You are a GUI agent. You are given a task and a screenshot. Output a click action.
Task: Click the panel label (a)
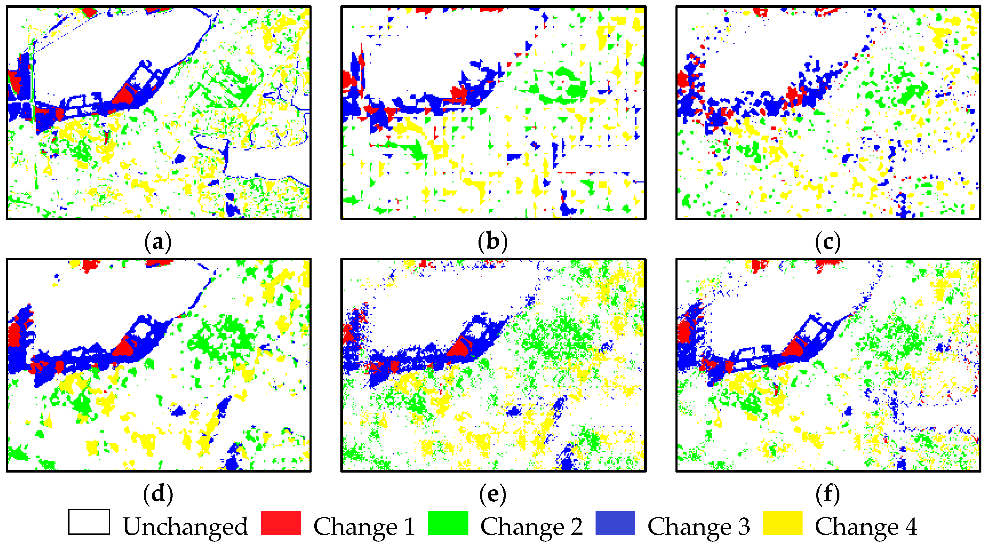click(x=158, y=242)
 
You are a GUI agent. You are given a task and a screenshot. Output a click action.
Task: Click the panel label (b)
click(x=493, y=242)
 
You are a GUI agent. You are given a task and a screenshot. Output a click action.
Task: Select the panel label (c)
click(x=828, y=242)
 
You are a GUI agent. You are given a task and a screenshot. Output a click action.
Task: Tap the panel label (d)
click(x=158, y=494)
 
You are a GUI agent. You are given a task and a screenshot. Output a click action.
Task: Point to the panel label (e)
click(x=493, y=494)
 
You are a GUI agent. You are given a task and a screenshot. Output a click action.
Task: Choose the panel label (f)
click(x=828, y=494)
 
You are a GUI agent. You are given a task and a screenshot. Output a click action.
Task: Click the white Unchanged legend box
click(x=89, y=522)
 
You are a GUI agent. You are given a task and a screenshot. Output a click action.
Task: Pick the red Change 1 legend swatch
click(x=281, y=523)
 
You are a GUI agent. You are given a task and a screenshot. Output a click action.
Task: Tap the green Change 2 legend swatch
click(x=448, y=523)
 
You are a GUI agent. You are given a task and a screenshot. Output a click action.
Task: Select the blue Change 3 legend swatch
click(x=615, y=523)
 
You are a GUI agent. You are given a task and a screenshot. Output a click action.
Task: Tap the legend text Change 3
click(x=699, y=526)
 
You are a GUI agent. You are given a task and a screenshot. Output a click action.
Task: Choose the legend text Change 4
click(x=866, y=526)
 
